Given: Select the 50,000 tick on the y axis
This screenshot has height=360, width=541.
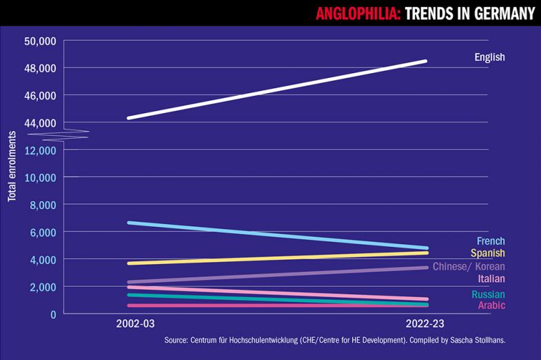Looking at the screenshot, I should (39, 41).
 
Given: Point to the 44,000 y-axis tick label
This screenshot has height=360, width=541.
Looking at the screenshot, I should (39, 123).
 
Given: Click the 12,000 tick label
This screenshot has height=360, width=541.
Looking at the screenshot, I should (39, 150).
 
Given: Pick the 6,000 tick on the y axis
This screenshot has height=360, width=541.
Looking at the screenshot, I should (42, 232).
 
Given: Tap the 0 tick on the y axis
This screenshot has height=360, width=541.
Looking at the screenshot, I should (52, 314).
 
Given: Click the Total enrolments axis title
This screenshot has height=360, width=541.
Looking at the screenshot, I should (12, 164).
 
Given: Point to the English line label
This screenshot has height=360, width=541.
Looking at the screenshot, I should (489, 57).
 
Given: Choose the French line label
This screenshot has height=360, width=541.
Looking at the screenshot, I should (491, 241).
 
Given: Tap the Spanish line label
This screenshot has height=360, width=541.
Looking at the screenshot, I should (488, 253).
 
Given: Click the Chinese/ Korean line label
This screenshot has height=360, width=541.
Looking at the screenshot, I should (469, 266).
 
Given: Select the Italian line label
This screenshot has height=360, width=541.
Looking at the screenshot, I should (491, 279).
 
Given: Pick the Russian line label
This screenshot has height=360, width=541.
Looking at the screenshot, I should (489, 294).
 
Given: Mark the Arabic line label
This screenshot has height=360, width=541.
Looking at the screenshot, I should (491, 305).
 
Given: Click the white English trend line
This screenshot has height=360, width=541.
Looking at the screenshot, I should (276, 90).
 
